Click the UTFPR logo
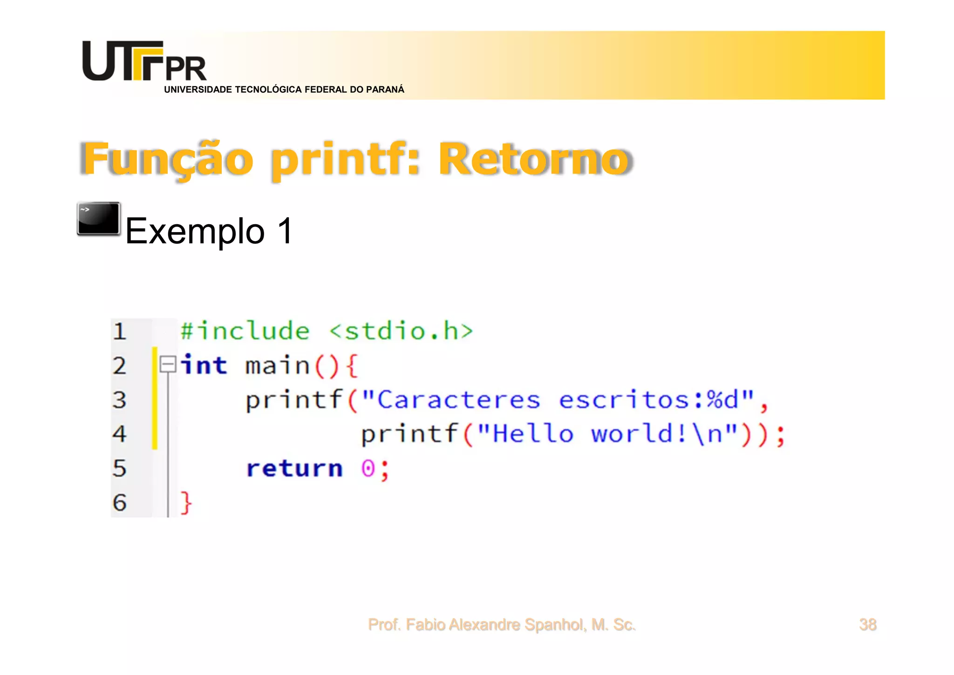click(x=144, y=62)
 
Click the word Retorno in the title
click(x=534, y=160)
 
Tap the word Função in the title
click(x=168, y=160)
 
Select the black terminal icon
click(x=99, y=219)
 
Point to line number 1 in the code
click(x=120, y=331)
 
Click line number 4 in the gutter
click(x=120, y=434)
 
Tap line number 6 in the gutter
click(x=120, y=503)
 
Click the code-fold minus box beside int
click(x=168, y=364)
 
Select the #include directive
click(x=245, y=331)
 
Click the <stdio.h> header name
click(x=401, y=331)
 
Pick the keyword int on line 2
click(x=204, y=365)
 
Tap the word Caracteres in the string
click(x=458, y=400)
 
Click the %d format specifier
click(x=722, y=400)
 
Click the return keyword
click(x=294, y=468)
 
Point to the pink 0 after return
click(x=368, y=468)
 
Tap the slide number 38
click(x=867, y=624)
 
